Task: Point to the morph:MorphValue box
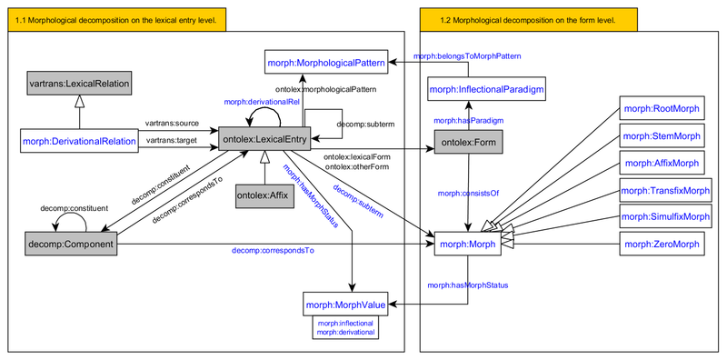345,302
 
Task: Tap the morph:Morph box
467,244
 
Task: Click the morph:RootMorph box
662,109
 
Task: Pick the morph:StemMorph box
662,136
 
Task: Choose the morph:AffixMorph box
662,164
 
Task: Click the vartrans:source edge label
172,122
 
